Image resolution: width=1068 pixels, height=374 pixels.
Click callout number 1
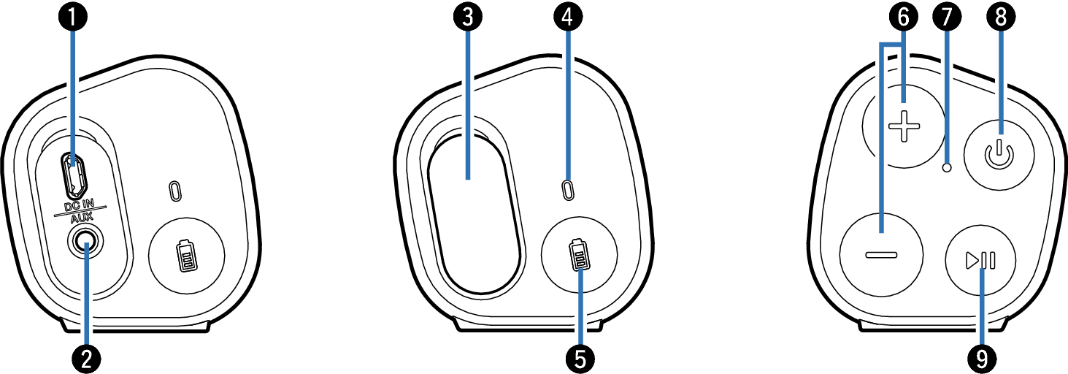tap(72, 18)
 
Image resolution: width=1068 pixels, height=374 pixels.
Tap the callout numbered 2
tap(86, 359)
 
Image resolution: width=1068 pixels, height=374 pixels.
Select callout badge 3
tap(468, 18)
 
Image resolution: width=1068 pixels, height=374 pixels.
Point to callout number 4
tap(567, 18)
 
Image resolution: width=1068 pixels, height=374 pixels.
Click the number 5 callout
tap(580, 359)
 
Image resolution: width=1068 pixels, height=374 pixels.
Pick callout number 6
tap(904, 18)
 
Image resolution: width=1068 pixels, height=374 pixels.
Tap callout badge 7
tap(947, 18)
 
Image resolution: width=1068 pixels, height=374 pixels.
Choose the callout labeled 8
tap(1000, 18)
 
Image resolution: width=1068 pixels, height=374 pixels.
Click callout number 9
tap(982, 359)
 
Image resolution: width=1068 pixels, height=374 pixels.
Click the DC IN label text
tap(80, 205)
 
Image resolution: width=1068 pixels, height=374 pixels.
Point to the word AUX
tap(82, 218)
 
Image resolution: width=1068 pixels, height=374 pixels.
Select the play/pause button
tap(980, 261)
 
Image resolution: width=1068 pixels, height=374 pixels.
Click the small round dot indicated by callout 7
tap(948, 167)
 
